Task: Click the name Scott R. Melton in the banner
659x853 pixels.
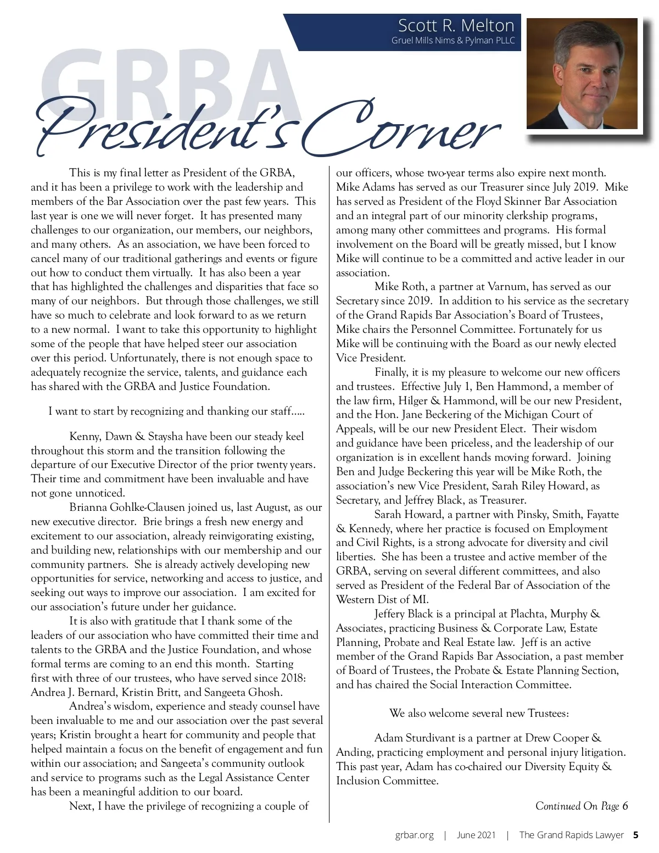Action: coord(456,26)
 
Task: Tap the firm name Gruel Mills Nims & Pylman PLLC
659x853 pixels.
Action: coord(453,41)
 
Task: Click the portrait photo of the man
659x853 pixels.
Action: coord(582,74)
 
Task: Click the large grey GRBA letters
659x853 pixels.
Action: coord(170,82)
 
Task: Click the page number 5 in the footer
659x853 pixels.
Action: coord(636,835)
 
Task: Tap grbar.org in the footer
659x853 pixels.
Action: coord(414,835)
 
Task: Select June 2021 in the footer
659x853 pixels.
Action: coord(476,835)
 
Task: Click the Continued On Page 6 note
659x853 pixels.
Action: coord(581,806)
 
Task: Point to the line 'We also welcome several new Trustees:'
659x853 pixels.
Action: coord(479,713)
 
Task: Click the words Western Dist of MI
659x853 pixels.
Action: coord(382,599)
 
